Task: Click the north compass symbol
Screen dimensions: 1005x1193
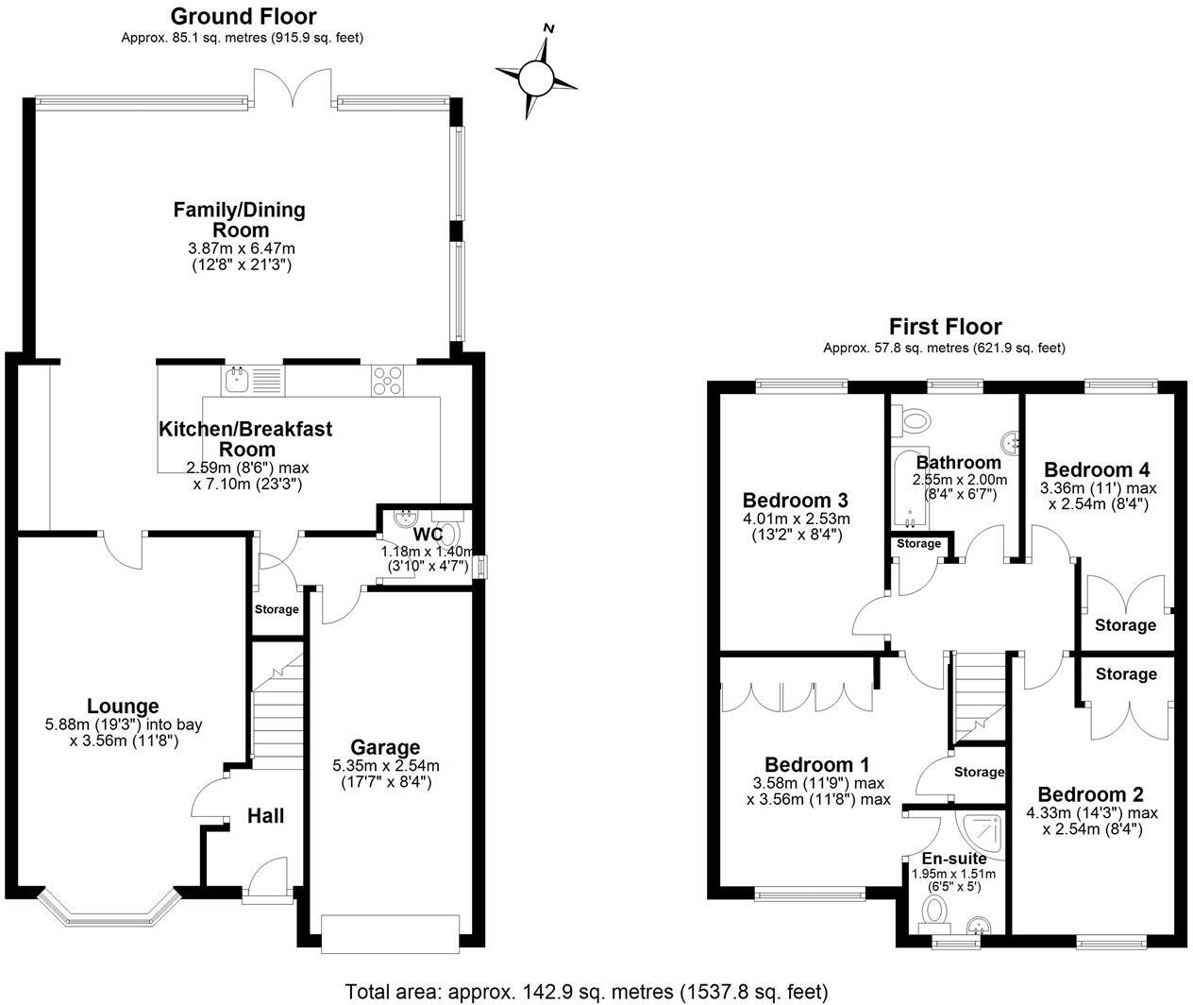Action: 536,76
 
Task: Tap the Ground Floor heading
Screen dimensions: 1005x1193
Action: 243,16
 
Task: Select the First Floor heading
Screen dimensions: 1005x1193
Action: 944,327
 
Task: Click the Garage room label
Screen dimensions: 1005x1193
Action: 386,747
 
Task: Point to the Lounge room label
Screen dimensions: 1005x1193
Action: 123,706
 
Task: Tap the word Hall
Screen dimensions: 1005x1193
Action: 265,815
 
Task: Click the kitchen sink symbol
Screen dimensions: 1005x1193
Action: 237,380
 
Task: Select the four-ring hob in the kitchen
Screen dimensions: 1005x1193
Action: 387,380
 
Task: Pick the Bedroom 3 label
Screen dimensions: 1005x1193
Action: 795,500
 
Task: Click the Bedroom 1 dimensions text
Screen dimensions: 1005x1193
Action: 818,792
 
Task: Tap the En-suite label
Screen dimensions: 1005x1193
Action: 954,859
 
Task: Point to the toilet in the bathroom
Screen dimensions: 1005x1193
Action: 913,417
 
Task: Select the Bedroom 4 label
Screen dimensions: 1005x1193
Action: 1097,469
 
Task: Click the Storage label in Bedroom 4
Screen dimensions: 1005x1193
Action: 1125,625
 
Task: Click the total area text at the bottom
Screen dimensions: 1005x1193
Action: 586,992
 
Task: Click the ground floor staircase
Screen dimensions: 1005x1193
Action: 277,704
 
